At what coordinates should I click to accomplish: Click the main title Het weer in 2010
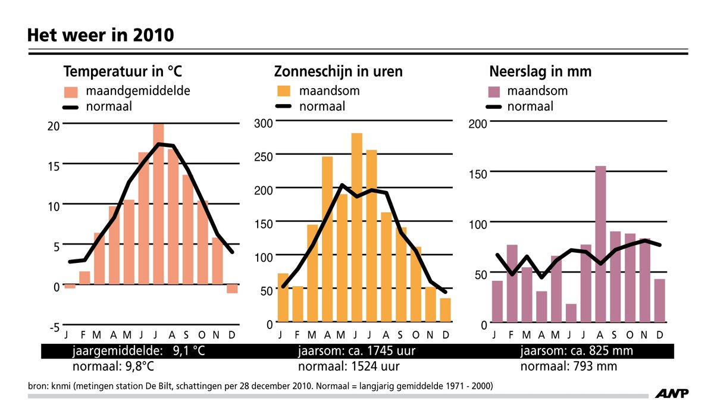click(x=101, y=35)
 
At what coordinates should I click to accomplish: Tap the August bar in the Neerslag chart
click(x=600, y=244)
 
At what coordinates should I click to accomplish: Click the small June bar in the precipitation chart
click(x=571, y=314)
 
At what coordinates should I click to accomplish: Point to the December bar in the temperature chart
click(x=232, y=289)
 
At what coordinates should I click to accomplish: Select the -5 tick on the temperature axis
click(x=53, y=327)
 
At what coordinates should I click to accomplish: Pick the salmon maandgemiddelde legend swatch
click(x=71, y=92)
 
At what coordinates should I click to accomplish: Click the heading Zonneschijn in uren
click(x=338, y=72)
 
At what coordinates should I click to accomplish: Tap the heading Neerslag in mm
click(x=540, y=72)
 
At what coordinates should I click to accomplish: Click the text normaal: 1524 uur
click(x=348, y=366)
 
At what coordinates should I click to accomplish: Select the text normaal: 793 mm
click(x=568, y=366)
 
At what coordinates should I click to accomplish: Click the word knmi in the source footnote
click(x=62, y=387)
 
